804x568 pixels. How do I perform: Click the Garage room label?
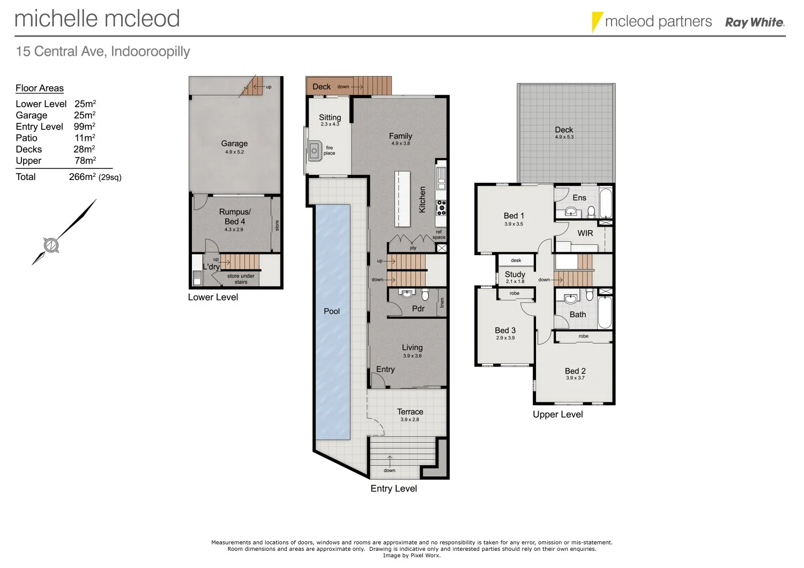[x=234, y=144]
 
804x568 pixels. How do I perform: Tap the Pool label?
[x=332, y=311]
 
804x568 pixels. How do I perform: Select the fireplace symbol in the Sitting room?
[x=314, y=151]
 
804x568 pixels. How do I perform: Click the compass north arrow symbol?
[x=51, y=245]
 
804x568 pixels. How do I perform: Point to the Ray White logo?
[x=755, y=23]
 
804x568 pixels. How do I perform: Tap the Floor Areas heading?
[x=40, y=88]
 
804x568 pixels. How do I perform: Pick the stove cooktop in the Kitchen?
[x=441, y=206]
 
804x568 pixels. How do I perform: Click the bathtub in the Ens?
[x=606, y=202]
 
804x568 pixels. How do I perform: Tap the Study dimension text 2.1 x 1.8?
[x=515, y=281]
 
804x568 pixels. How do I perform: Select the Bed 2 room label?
[x=575, y=371]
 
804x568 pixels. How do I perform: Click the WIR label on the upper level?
[x=585, y=233]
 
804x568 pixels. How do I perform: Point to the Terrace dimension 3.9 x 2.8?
[x=410, y=420]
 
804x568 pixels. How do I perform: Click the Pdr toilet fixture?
[x=426, y=294]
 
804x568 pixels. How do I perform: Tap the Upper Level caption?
[x=557, y=414]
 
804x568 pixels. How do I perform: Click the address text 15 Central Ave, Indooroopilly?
[x=103, y=51]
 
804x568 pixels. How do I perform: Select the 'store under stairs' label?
[x=241, y=279]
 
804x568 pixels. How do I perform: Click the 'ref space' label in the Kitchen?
[x=439, y=235]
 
